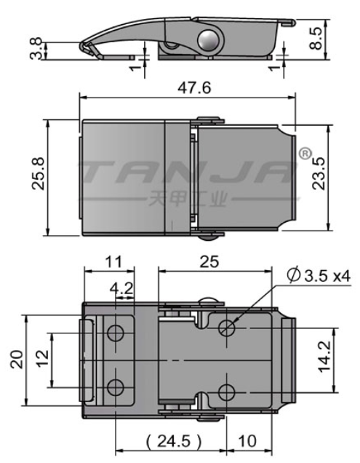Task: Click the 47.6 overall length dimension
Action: coord(194,87)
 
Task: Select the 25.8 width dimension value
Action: coord(39,173)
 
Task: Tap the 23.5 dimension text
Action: coord(319,173)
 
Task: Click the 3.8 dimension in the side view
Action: coord(36,49)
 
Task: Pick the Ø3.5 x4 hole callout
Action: coord(319,276)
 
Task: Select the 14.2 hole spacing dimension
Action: coord(324,357)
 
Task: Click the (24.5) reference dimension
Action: coord(175,441)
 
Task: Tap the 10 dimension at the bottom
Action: coord(247,441)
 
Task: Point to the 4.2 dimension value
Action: coord(121,288)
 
